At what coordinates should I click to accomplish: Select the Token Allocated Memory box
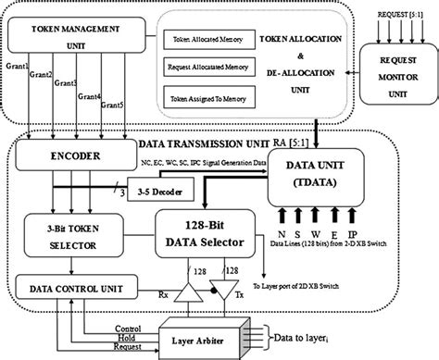(x=205, y=41)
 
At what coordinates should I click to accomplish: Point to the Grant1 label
(x=15, y=66)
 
